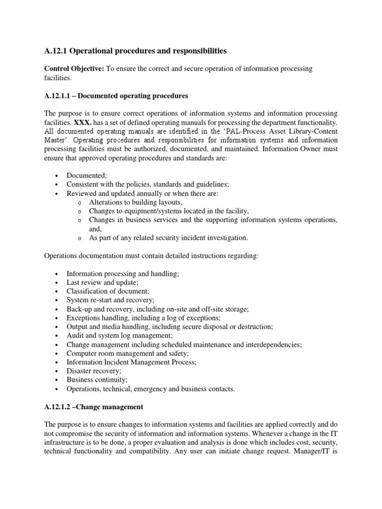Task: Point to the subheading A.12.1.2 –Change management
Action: pyautogui.click(x=94, y=407)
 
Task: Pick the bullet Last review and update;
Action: pyautogui.click(x=102, y=282)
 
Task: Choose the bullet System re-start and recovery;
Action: pyautogui.click(x=111, y=300)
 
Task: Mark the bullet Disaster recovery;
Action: pyautogui.click(x=94, y=371)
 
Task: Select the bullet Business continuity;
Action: pyautogui.click(x=97, y=380)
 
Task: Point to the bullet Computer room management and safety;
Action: pyautogui.click(x=128, y=353)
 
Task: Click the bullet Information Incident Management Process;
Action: pyautogui.click(x=132, y=362)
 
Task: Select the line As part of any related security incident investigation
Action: pyautogui.click(x=168, y=238)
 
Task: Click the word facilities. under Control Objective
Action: pyautogui.click(x=58, y=78)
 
